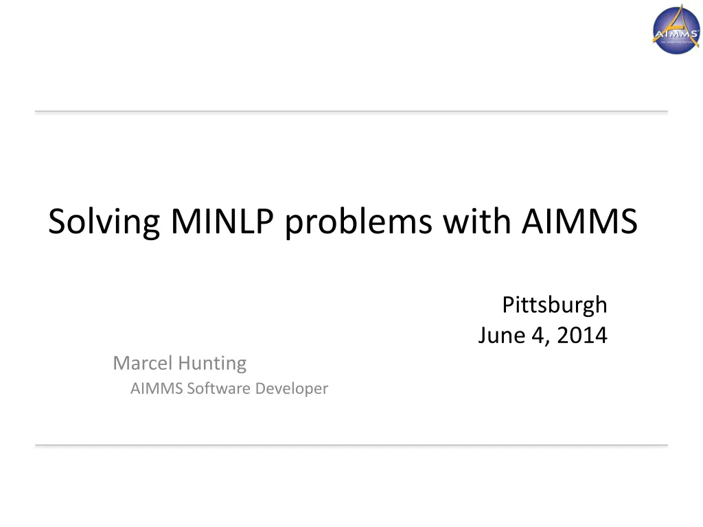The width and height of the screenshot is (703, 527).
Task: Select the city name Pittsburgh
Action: tap(555, 304)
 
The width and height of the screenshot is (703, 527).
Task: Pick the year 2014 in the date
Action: tap(582, 336)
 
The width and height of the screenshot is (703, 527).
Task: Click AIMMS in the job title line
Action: tap(157, 388)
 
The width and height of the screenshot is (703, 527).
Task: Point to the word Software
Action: tap(218, 388)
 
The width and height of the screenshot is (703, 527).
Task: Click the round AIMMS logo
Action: tap(676, 29)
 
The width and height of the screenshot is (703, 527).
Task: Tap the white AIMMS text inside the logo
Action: tap(676, 34)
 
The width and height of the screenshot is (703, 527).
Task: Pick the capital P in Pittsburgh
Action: tap(508, 304)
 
